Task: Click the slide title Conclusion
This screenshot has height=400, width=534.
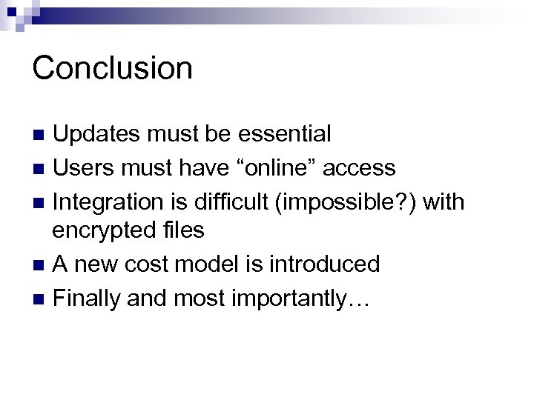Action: point(112,68)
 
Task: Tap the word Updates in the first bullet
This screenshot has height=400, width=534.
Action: point(96,134)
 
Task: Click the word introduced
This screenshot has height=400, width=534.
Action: point(334,263)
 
